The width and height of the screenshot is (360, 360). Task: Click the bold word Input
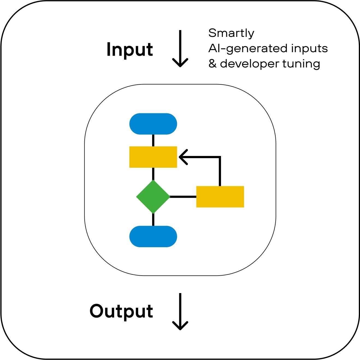pos(129,50)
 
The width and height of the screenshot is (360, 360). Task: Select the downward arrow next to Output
pos(180,311)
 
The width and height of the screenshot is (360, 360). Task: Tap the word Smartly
pos(231,34)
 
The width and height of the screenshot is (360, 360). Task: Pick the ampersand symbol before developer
pos(212,64)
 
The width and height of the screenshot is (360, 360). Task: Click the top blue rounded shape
pos(153,124)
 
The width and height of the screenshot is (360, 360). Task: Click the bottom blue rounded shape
pos(153,237)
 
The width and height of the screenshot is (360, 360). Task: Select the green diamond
pos(153,196)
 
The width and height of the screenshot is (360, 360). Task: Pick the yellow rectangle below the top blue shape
pos(153,157)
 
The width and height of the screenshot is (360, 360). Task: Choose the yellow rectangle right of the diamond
pos(220,197)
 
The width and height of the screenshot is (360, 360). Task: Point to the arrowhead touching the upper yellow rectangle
pos(183,157)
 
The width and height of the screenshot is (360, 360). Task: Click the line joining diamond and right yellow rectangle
pos(183,196)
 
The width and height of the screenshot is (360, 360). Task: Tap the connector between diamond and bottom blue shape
pos(153,220)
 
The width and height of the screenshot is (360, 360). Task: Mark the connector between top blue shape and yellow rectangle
pos(153,140)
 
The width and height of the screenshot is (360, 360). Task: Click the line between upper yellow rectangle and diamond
pos(153,174)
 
